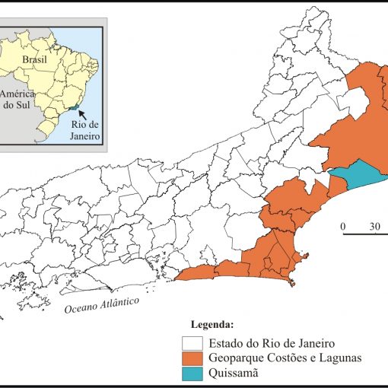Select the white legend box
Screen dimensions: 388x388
[x=192, y=343]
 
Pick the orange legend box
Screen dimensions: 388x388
[x=192, y=358]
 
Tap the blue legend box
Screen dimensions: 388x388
[x=192, y=373]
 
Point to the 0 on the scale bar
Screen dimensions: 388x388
[x=343, y=226]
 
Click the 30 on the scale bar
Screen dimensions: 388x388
[x=375, y=226]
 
